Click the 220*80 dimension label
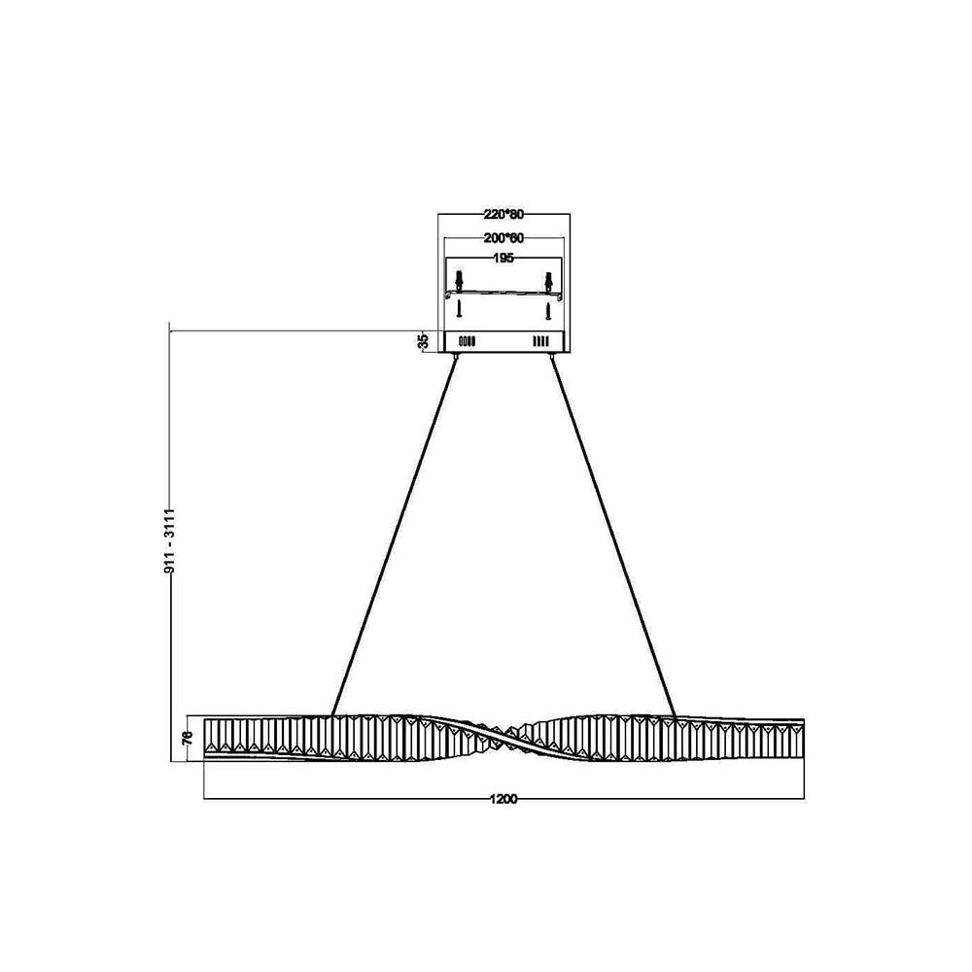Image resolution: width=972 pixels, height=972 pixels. click(x=503, y=215)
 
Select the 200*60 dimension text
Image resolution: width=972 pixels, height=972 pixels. click(x=503, y=238)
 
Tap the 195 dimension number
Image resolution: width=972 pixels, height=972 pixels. click(x=503, y=258)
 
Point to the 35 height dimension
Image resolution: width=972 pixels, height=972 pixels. click(x=424, y=341)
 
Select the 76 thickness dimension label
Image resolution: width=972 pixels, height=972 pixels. click(x=189, y=737)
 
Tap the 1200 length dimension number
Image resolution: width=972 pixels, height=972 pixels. click(x=503, y=799)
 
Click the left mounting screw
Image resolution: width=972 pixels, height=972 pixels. click(x=459, y=311)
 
